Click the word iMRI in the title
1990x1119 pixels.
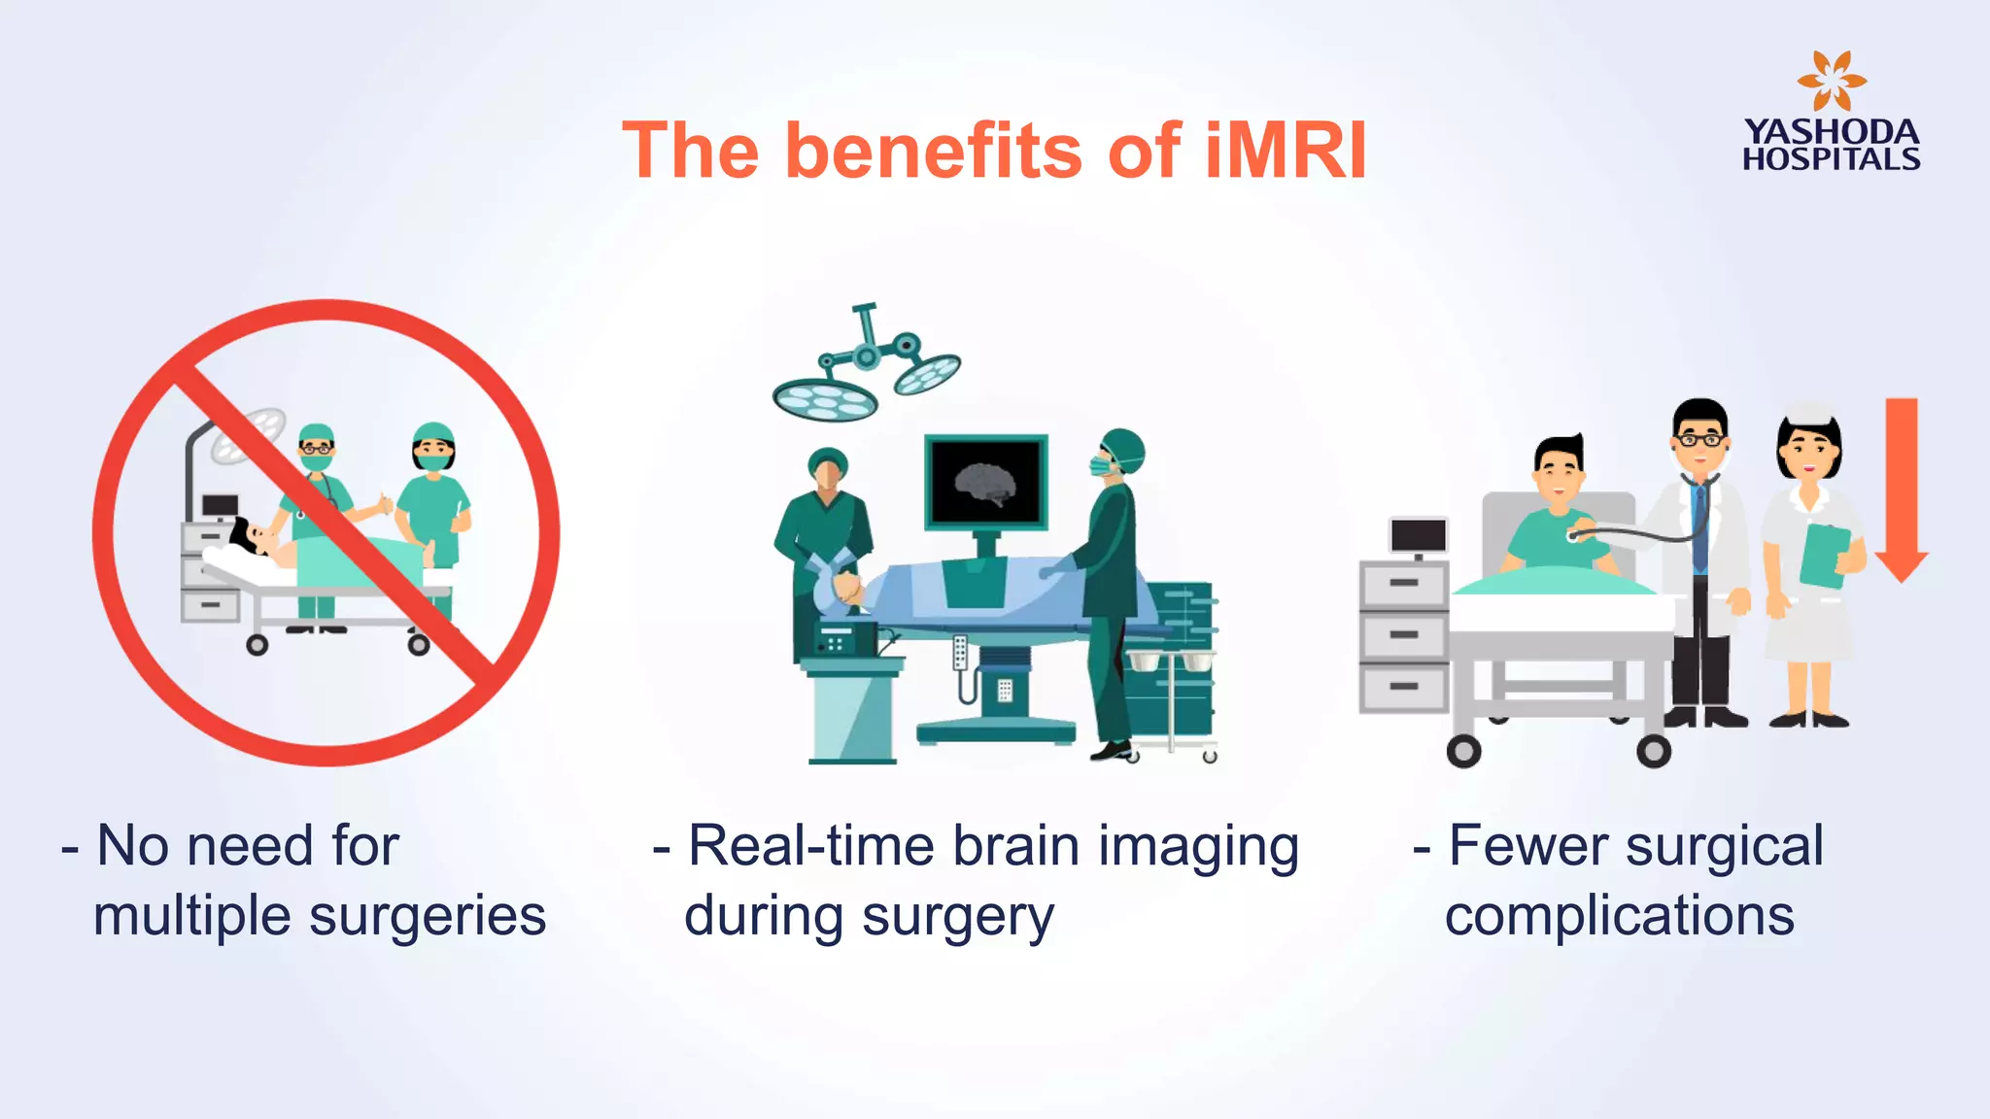pos(1285,152)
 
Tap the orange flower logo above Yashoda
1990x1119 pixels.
pos(1831,82)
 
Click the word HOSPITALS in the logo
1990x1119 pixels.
pos(1831,159)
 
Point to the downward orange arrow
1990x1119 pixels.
pos(1902,486)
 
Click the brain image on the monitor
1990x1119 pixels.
pos(985,483)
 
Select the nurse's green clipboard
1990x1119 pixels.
pos(1824,556)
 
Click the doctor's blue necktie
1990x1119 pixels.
pos(1699,525)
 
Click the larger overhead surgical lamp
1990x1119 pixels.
pos(824,398)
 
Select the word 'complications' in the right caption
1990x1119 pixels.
pos(1619,916)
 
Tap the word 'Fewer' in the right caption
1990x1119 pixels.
pos(1529,846)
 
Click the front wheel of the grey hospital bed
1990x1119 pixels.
pos(1463,751)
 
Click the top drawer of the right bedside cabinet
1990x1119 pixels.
pos(1404,584)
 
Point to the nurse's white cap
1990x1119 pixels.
pos(1808,413)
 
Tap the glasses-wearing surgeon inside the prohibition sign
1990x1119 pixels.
pos(316,451)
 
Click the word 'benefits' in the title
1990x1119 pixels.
pos(934,152)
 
